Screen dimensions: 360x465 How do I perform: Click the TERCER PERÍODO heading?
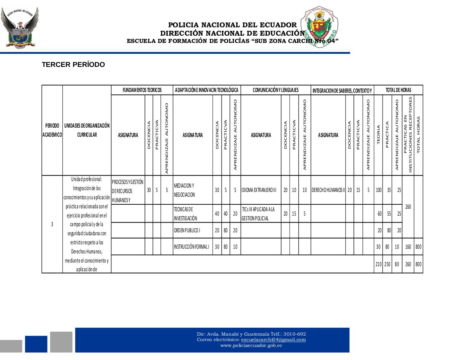[x=73, y=65]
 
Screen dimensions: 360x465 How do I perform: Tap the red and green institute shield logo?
[x=319, y=28]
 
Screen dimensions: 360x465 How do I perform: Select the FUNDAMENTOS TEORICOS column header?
[x=142, y=90]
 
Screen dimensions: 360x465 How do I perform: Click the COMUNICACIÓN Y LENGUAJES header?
[x=275, y=90]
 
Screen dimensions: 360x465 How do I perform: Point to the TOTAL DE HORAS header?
[x=398, y=90]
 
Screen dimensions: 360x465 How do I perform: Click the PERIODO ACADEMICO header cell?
[x=52, y=130]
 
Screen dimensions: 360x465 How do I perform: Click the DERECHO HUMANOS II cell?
[x=328, y=190]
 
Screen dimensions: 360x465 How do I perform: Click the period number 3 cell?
[x=52, y=224]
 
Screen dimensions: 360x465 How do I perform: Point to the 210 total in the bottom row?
[x=378, y=264]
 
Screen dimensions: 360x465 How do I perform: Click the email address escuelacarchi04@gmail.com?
[x=273, y=340]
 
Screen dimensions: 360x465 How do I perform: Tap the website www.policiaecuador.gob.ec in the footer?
[x=251, y=345]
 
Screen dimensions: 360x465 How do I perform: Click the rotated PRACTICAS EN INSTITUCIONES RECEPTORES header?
[x=408, y=135]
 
